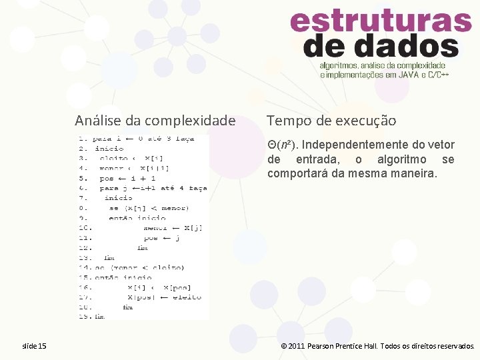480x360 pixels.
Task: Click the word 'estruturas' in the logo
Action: click(381, 22)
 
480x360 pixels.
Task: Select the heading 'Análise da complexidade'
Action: click(155, 121)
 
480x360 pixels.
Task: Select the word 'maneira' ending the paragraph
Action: click(415, 173)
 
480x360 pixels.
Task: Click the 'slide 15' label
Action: click(34, 346)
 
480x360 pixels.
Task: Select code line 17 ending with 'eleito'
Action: click(164, 297)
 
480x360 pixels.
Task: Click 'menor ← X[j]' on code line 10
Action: click(173, 228)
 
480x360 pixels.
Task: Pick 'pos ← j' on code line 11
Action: click(162, 237)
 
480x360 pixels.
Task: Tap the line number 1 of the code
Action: click(82, 139)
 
